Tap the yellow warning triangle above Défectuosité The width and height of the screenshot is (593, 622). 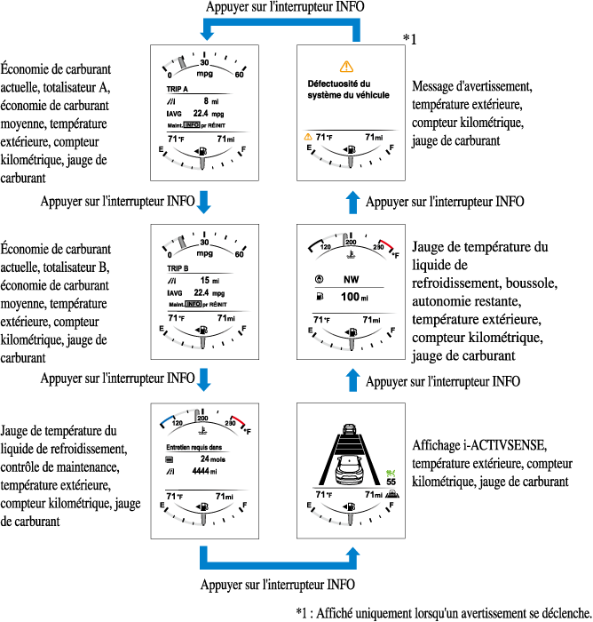(346, 66)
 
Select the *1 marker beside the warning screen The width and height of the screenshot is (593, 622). (409, 38)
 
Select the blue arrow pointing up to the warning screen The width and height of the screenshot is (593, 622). (353, 202)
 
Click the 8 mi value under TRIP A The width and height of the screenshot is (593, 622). (206, 102)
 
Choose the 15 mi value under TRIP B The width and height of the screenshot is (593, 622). (210, 280)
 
